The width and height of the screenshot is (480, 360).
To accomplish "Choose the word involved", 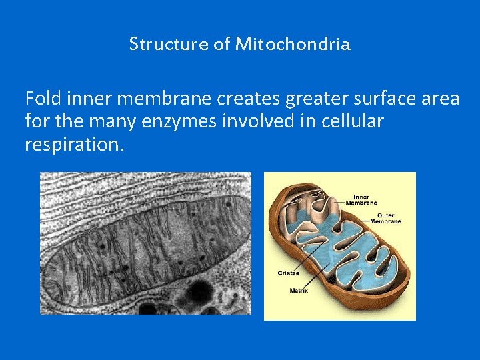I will pos(244,122).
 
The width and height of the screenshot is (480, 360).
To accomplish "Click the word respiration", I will pos(73,145).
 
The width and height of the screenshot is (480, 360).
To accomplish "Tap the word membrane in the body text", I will pos(160,99).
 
